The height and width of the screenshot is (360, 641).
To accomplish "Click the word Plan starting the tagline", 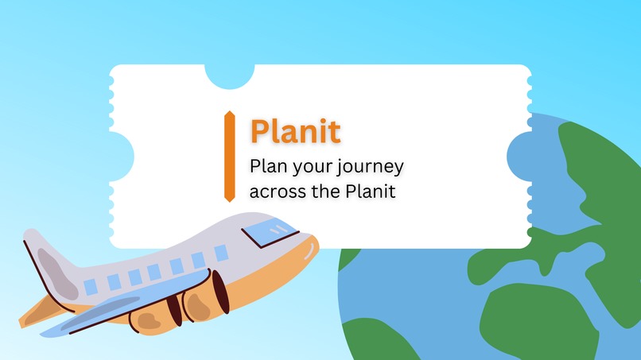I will point(267,167).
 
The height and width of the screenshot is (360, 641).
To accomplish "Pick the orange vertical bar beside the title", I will point(229,155).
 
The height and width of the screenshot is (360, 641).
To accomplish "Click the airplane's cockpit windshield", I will point(269,231).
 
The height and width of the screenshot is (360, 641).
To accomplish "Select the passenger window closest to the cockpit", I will point(220,253).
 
